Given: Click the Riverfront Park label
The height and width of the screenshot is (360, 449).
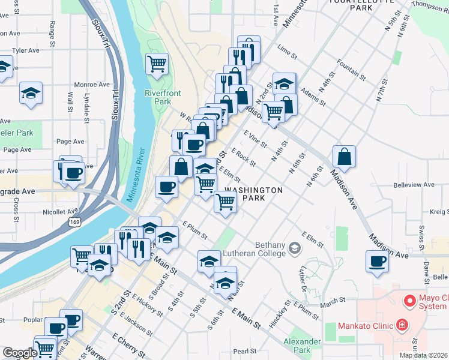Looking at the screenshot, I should point(158,97).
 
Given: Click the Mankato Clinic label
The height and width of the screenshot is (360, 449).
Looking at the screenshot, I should point(360,327).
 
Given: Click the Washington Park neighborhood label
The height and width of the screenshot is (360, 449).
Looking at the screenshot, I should point(253,194).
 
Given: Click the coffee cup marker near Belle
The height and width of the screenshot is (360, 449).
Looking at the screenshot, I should point(377,262).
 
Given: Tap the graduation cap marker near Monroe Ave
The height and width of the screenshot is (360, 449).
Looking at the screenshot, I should point(31,92).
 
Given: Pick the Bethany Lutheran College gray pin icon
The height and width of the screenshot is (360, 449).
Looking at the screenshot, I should point(294,247).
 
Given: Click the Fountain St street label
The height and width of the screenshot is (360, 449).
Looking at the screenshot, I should point(351,68).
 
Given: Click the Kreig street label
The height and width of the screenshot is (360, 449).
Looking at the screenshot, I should point(439,212).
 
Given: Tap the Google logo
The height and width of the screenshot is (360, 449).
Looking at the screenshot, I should point(19,353).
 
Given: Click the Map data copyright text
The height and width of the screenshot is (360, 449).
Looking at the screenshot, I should point(423,355).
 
